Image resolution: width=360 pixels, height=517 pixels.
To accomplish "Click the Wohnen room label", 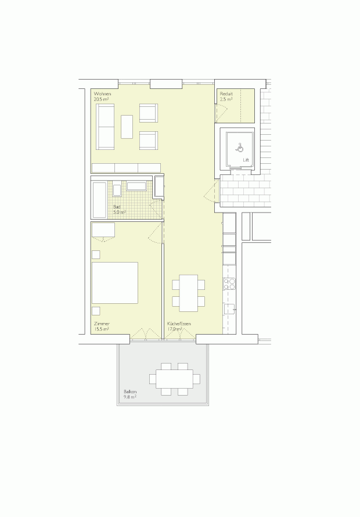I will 102,94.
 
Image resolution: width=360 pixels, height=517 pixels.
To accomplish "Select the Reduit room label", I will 226,94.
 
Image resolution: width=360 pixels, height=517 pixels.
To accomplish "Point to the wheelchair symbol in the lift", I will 239,147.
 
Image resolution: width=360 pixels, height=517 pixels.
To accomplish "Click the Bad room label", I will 117,207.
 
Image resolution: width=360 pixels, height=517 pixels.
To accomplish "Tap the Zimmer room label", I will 102,324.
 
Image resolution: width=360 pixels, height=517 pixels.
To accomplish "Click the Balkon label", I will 130,392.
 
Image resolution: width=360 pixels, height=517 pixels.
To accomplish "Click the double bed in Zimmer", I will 115,283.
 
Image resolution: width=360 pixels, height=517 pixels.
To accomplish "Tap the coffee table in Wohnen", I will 127,126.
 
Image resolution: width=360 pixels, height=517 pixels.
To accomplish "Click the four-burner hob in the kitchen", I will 229,283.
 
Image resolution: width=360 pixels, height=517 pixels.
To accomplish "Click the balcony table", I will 175,379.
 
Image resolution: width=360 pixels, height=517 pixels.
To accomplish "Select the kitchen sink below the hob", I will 229,308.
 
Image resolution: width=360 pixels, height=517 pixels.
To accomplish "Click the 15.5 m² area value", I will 102,329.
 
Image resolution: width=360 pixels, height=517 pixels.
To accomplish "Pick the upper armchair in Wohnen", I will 148,113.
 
